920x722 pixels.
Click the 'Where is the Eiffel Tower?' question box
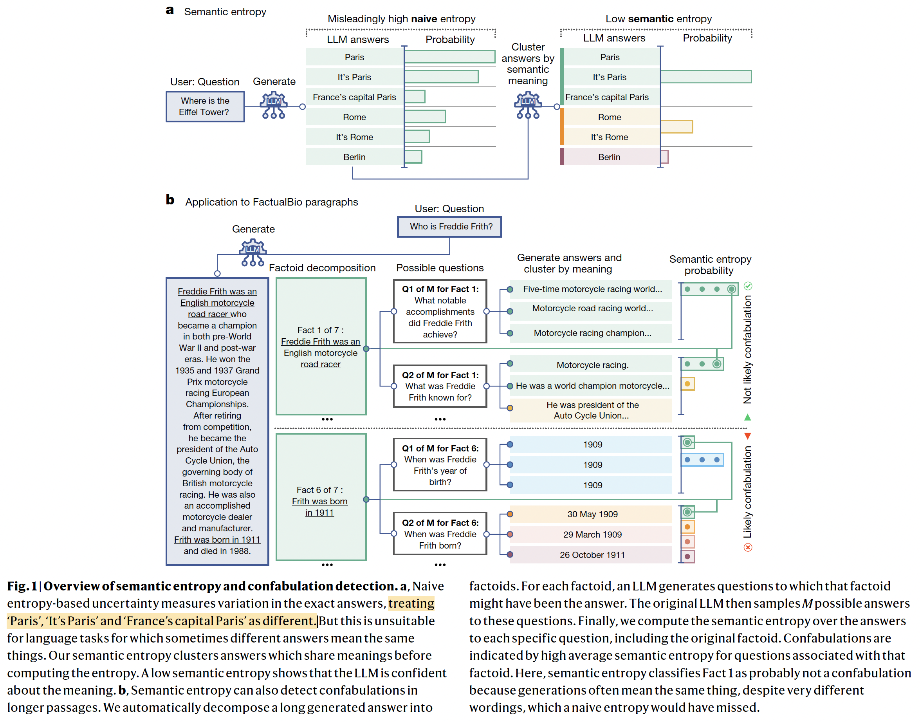[x=205, y=106]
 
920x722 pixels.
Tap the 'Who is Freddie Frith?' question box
[x=449, y=227]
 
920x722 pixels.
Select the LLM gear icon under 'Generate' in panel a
[x=274, y=105]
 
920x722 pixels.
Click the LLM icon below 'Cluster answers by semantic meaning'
[x=528, y=105]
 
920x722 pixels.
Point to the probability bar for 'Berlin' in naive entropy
[x=413, y=157]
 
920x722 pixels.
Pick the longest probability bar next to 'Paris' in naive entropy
[x=450, y=57]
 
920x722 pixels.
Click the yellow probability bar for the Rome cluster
[x=676, y=127]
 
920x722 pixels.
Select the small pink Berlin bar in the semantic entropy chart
[x=664, y=157]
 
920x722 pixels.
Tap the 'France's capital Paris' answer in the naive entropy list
[x=354, y=97]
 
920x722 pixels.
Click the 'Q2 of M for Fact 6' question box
[x=440, y=533]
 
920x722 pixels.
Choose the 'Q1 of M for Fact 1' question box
[x=440, y=311]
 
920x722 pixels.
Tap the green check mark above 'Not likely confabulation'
[x=748, y=286]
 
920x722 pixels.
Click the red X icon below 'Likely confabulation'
[x=748, y=547]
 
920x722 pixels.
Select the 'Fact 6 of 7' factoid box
[x=321, y=497]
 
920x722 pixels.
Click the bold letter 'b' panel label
[x=170, y=200]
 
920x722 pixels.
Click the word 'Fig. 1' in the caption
[x=22, y=586]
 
